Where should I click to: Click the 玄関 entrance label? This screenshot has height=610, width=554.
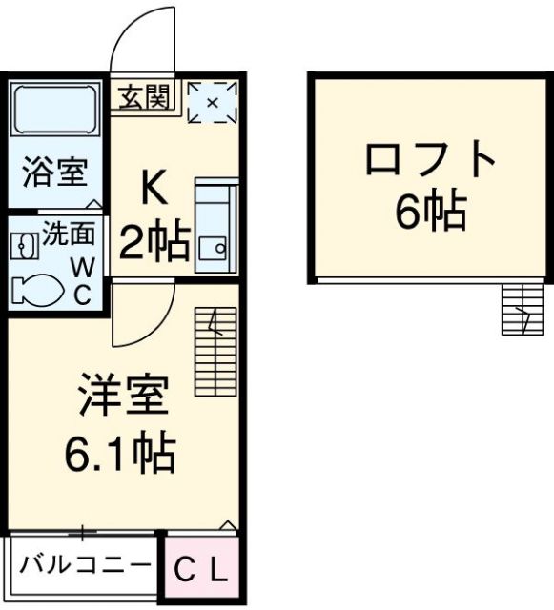point(144,96)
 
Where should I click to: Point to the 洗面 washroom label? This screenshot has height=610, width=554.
point(66,232)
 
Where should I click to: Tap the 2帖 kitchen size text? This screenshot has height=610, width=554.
point(154,243)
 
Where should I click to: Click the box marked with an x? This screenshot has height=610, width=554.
point(212,102)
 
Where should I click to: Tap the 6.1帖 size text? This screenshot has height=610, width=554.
point(120,455)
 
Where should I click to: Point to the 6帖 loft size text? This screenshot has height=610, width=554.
point(431,212)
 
